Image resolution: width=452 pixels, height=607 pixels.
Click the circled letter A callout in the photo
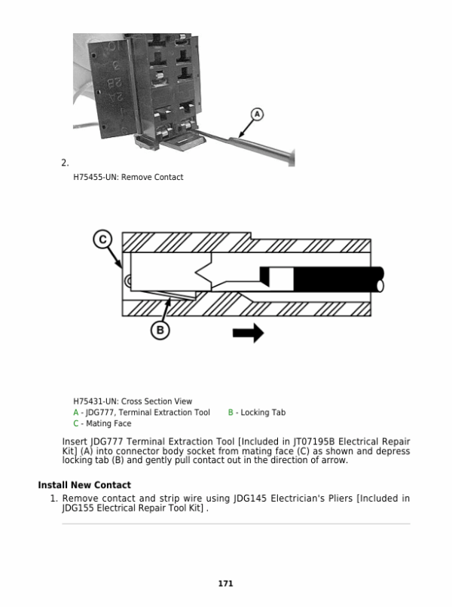tap(257, 114)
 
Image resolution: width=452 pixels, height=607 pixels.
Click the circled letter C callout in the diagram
tap(102, 239)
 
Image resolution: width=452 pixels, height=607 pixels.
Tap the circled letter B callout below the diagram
tap(160, 330)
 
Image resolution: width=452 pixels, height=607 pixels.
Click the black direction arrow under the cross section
tap(248, 332)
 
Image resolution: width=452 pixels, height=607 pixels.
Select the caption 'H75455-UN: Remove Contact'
tap(128, 178)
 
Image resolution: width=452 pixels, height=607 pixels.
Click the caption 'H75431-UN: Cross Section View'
tap(133, 401)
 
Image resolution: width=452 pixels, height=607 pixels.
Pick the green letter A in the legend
tap(76, 413)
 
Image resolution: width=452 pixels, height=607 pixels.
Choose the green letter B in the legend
tap(231, 413)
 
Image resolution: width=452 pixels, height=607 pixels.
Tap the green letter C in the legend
tap(76, 424)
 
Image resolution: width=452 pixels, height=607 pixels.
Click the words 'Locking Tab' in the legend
tap(263, 413)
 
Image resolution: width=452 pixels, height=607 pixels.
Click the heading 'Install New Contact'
tap(84, 485)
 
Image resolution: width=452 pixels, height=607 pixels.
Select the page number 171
tap(225, 584)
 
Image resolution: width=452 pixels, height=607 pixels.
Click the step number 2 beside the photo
tap(65, 163)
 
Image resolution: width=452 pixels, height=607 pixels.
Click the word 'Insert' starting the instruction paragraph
tap(75, 441)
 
